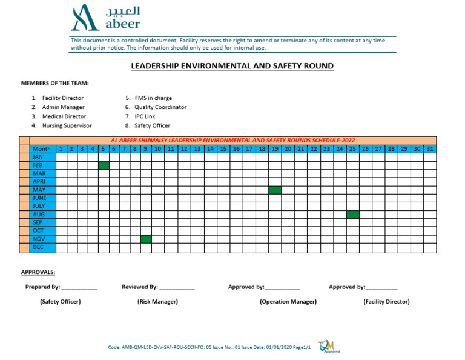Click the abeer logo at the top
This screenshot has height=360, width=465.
(x=105, y=18)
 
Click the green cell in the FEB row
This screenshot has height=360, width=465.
(x=104, y=165)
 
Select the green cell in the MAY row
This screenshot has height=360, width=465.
(x=275, y=190)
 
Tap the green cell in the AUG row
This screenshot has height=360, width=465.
(x=353, y=215)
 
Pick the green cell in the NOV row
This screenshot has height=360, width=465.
(x=146, y=239)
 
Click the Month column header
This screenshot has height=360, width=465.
(x=42, y=149)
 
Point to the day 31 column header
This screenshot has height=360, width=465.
(x=429, y=149)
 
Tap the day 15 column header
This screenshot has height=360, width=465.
(x=223, y=149)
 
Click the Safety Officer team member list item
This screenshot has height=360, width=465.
(x=151, y=126)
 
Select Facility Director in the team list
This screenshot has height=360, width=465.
(x=62, y=98)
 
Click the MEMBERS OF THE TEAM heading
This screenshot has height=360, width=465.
(x=55, y=83)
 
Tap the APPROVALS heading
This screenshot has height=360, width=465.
(x=38, y=272)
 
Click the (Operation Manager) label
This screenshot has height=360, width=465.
(x=288, y=302)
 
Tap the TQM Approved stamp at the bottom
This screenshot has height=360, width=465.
(x=326, y=345)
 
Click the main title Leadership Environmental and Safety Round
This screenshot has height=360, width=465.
(x=232, y=66)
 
